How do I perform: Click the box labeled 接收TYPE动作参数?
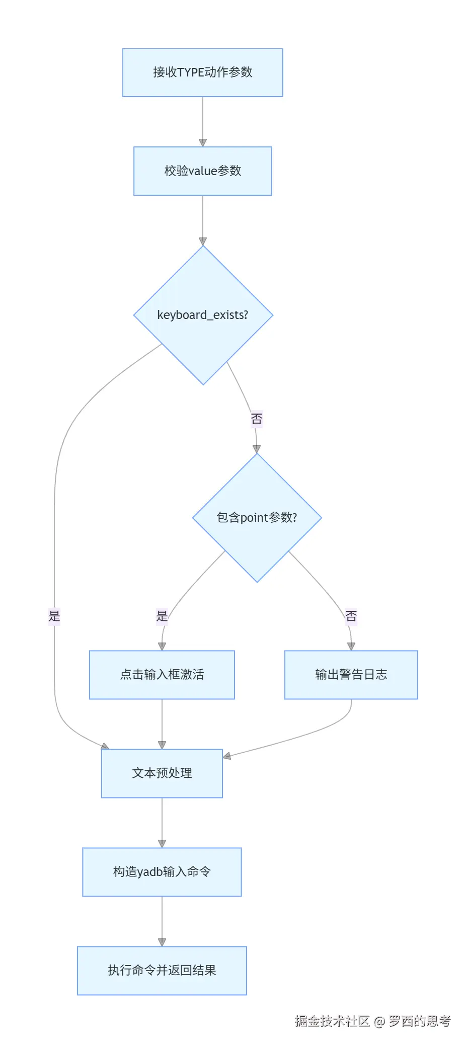point(202,72)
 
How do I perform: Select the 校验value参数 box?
point(202,171)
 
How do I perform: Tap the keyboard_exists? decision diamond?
point(203,315)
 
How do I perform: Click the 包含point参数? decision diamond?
point(257,518)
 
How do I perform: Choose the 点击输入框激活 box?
point(162,675)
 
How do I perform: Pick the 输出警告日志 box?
point(351,675)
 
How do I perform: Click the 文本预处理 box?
point(162,773)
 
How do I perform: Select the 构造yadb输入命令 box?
point(162,872)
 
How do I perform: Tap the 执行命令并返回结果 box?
point(162,971)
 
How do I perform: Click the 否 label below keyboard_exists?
point(257,419)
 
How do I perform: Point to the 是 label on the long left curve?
point(54,615)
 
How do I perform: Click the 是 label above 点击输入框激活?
point(162,615)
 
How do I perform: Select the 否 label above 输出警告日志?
point(351,615)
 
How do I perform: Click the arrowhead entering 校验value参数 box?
point(203,143)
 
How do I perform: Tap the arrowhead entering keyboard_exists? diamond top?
point(203,242)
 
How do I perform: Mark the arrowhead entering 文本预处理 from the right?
point(227,756)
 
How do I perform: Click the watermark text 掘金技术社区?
point(332,1021)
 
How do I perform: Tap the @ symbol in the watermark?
point(379,1021)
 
